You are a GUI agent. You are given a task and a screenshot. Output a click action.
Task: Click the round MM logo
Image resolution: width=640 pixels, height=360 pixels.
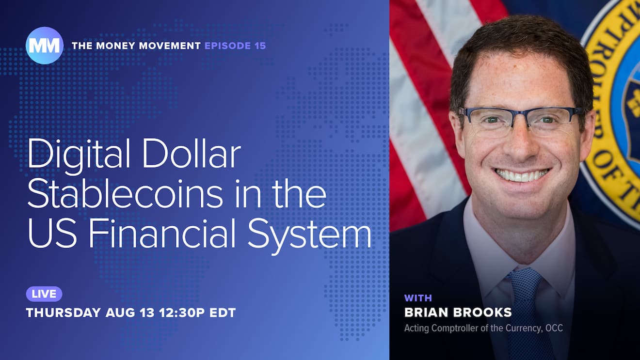44,46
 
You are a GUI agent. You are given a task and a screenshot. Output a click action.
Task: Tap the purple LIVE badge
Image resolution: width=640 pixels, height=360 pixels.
44,294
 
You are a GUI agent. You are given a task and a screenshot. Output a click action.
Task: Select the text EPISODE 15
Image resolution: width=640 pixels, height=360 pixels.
235,46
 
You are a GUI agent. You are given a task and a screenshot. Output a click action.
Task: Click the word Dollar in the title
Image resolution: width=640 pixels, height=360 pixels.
192,154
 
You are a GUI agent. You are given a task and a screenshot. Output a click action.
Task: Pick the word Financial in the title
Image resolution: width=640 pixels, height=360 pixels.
162,234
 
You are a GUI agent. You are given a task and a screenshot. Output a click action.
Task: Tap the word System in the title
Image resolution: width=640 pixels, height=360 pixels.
309,237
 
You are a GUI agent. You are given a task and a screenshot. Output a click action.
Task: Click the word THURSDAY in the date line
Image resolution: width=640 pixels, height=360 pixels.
64,313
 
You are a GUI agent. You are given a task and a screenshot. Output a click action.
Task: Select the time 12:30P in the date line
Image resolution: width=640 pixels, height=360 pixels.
182,313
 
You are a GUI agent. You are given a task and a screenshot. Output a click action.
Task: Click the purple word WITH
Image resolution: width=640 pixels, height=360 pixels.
418,298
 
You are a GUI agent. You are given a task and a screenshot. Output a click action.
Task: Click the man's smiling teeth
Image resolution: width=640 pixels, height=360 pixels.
522,175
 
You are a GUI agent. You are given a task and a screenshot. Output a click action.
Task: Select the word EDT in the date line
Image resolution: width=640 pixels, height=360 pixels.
223,313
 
